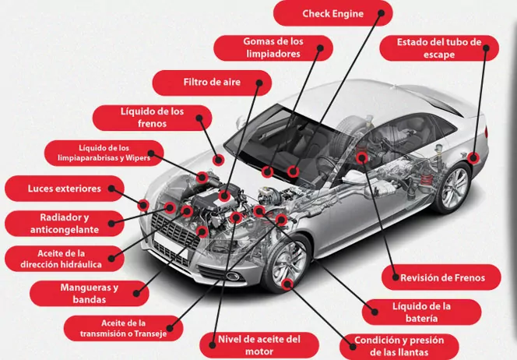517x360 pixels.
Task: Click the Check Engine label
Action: (x=332, y=13)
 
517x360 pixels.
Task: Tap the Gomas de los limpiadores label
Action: (x=273, y=47)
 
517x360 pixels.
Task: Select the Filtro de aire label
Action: (x=212, y=82)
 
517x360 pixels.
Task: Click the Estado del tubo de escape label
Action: (x=439, y=48)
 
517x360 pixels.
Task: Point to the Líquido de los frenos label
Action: (x=152, y=118)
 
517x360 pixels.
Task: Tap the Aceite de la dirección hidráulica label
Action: (x=64, y=259)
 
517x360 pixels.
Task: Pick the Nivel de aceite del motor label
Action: (x=258, y=344)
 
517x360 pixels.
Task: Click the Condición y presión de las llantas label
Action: (x=399, y=345)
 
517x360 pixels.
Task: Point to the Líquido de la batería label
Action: (x=420, y=312)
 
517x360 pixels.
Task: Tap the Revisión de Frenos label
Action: (x=442, y=277)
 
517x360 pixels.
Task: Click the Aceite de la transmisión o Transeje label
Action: (x=125, y=327)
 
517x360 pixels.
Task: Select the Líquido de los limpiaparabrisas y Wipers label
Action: (x=104, y=153)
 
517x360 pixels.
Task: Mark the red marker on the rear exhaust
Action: (x=474, y=158)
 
